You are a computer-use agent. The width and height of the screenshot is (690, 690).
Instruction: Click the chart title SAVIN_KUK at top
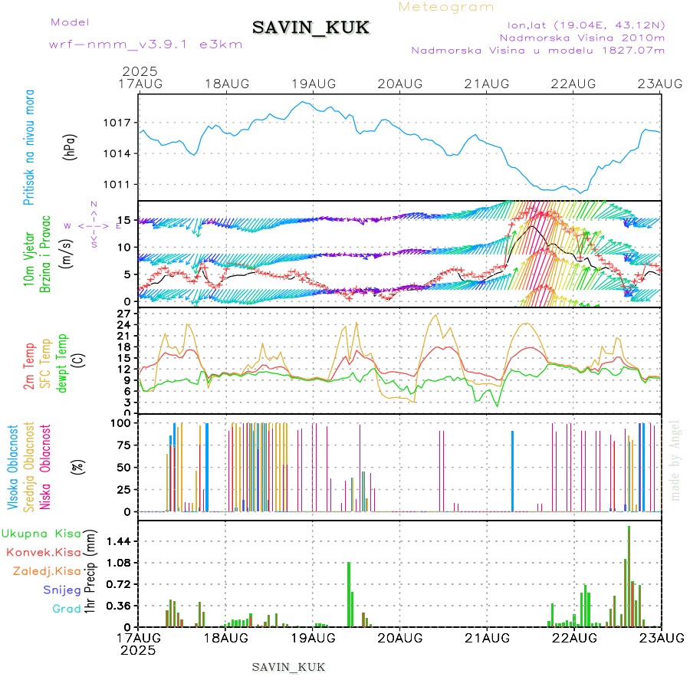[310, 28]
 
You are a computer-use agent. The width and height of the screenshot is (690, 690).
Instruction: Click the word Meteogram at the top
[447, 7]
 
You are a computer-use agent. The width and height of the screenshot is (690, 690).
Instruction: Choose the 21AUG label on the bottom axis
[488, 638]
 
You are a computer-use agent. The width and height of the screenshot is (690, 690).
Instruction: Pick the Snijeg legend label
[61, 590]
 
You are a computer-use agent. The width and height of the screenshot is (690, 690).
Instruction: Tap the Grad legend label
[66, 609]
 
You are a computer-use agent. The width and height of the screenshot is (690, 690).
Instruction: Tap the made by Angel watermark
[675, 460]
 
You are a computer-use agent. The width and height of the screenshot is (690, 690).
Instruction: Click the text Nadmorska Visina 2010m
[582, 37]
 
